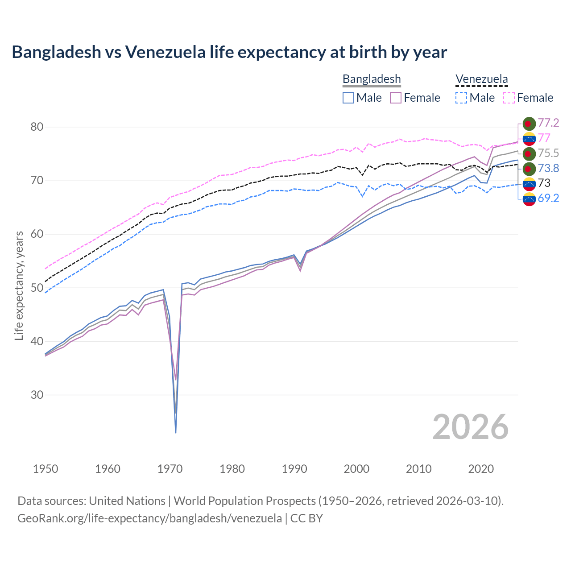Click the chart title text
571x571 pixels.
(229, 52)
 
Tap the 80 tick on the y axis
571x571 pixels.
(37, 127)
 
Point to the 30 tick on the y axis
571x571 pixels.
(37, 395)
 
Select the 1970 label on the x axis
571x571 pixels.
(170, 469)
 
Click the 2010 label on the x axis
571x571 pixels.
(418, 469)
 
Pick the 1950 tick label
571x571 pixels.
(46, 469)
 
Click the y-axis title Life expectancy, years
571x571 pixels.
(19, 285)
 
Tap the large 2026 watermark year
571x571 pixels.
(470, 427)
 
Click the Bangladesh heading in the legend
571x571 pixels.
(372, 79)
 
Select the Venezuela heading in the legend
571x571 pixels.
(481, 79)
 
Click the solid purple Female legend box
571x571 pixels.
(396, 98)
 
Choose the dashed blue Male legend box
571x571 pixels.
(461, 98)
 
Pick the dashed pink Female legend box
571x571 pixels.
(509, 98)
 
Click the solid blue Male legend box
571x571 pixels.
(348, 98)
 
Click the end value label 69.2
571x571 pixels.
(548, 199)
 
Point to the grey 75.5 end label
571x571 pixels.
(548, 153)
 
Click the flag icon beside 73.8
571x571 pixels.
(529, 169)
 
